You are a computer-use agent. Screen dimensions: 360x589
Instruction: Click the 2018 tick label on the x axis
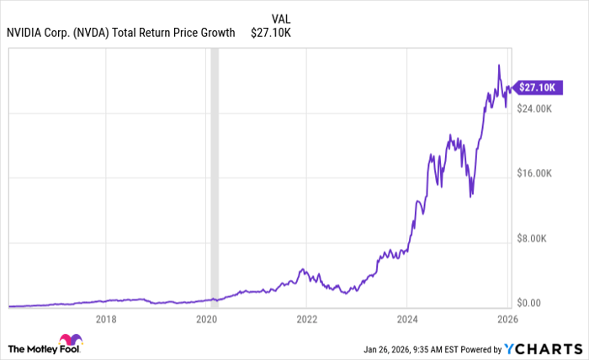106,319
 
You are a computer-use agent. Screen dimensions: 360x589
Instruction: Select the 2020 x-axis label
206,319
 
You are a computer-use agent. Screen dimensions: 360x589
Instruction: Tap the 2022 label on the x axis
306,319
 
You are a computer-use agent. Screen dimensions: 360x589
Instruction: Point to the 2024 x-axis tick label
406,319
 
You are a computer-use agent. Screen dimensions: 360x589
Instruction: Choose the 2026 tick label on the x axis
506,319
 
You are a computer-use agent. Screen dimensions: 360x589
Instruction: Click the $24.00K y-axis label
535,109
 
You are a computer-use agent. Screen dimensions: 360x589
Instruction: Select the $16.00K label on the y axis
535,174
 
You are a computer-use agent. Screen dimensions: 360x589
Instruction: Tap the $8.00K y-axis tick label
533,239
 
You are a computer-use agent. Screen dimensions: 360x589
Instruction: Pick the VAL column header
283,18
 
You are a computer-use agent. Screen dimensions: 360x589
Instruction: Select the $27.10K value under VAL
270,33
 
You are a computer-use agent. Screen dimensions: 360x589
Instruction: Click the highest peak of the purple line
499,66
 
